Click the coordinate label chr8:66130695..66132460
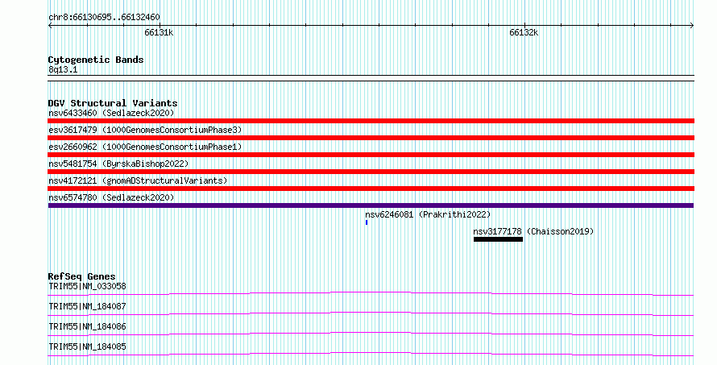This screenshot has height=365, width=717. click(104, 18)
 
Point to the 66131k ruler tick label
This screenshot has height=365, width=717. click(159, 32)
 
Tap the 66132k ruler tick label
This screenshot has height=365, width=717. click(524, 32)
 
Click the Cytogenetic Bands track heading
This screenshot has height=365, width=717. click(96, 60)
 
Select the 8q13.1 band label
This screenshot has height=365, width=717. click(63, 70)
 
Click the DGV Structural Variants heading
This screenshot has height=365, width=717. click(113, 103)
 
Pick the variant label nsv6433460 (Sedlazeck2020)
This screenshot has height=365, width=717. click(111, 113)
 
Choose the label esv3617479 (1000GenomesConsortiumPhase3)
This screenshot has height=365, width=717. click(145, 130)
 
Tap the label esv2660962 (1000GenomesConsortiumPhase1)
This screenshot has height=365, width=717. click(145, 147)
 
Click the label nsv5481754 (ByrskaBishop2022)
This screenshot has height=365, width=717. click(118, 164)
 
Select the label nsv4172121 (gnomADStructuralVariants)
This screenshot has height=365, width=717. click(138, 180)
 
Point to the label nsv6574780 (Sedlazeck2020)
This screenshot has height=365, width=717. click(111, 197)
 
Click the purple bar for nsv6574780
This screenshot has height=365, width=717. click(371, 205)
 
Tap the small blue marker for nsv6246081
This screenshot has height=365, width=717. click(367, 222)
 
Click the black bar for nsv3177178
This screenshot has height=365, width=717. click(498, 239)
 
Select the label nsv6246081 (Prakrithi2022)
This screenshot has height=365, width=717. click(428, 214)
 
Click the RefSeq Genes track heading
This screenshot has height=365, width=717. click(81, 276)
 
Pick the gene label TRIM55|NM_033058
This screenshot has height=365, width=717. click(87, 286)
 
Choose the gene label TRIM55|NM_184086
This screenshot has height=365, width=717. click(87, 326)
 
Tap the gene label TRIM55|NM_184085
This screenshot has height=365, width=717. click(87, 346)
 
